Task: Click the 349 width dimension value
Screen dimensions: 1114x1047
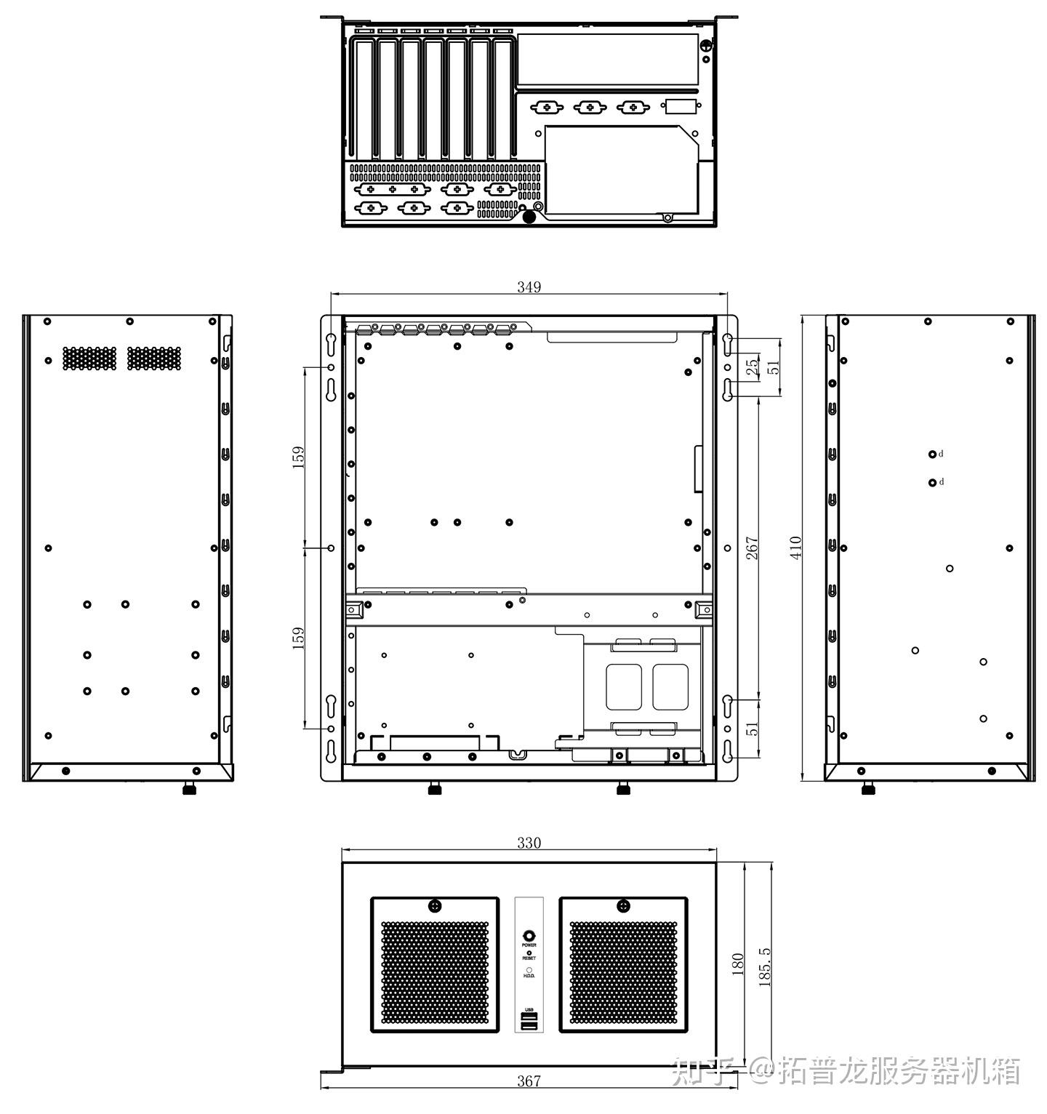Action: [529, 287]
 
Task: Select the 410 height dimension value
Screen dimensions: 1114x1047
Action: [796, 547]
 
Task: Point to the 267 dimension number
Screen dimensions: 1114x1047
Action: [753, 548]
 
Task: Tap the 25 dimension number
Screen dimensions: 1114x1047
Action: [753, 366]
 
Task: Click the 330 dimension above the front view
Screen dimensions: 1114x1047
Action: [529, 843]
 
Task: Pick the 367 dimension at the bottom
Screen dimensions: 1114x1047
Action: [529, 1081]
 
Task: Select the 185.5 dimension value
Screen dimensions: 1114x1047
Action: [764, 967]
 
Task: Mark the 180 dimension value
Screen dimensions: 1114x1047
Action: [738, 964]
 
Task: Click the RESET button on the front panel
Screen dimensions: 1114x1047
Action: [529, 952]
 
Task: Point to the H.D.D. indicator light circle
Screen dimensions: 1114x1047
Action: [529, 970]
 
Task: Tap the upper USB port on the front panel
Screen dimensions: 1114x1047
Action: [529, 1017]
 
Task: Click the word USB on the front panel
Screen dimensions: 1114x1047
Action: [529, 1010]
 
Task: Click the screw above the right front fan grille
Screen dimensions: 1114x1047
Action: [623, 905]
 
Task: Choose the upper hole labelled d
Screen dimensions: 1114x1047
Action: [932, 454]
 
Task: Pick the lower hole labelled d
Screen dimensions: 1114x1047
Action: [932, 482]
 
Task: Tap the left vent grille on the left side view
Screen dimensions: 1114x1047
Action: [89, 358]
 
